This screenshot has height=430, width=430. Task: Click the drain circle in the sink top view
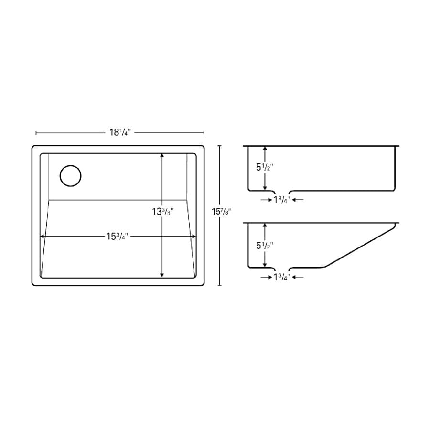coord(60,176)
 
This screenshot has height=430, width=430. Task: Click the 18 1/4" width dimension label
coord(120,132)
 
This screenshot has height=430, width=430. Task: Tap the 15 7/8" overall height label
coord(221,212)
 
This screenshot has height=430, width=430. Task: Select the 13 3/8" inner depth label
coord(163,212)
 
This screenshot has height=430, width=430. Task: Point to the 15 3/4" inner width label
coord(118,236)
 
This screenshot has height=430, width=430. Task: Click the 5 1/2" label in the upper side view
coord(265,167)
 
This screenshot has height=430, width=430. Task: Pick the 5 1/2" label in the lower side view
coord(265,246)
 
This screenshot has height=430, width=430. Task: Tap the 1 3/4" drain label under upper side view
coord(281,200)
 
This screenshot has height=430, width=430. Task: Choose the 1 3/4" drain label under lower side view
coord(281,277)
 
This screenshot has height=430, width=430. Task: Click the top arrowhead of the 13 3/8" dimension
coord(162,155)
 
